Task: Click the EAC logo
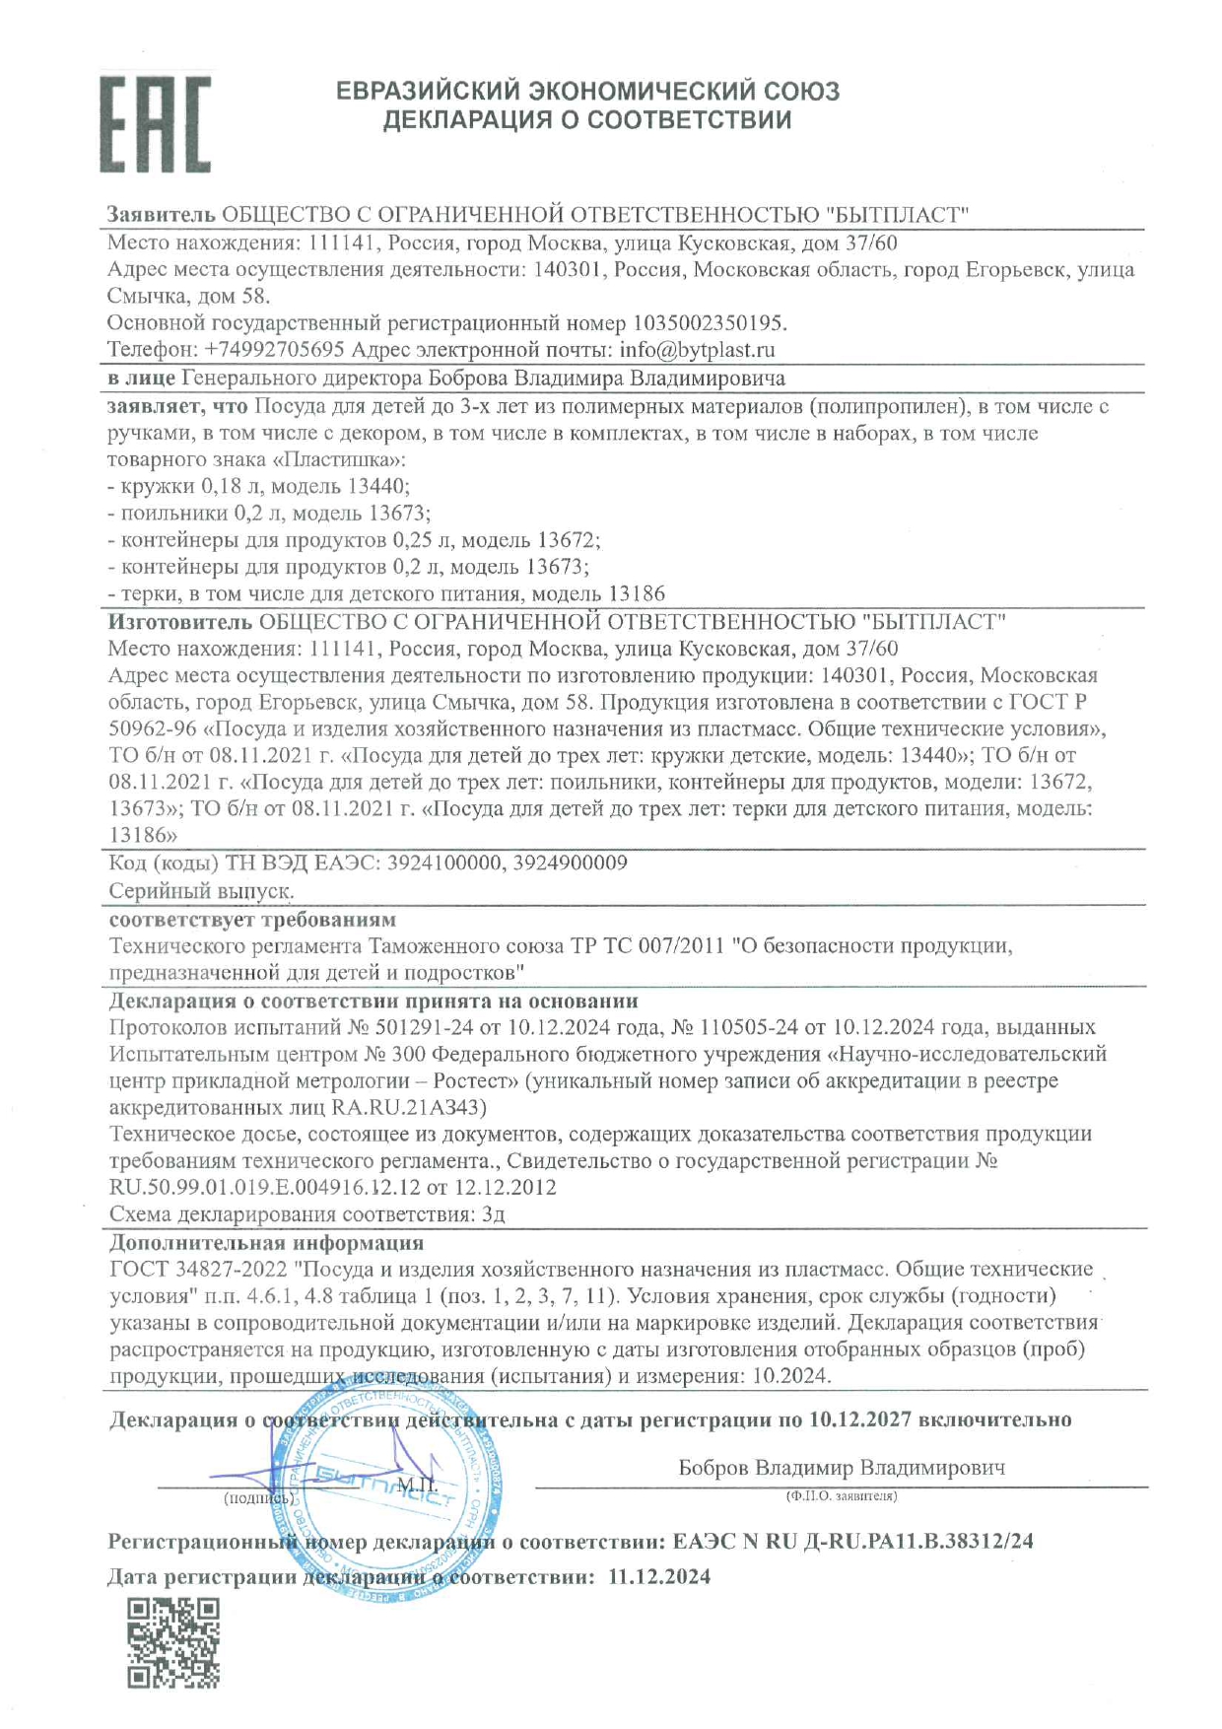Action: point(155,125)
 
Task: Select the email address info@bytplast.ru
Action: point(697,350)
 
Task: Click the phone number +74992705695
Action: point(274,350)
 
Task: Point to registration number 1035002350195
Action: point(709,323)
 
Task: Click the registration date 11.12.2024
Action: point(659,1576)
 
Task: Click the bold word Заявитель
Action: point(161,215)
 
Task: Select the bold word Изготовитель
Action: point(180,622)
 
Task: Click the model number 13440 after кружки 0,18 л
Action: point(376,486)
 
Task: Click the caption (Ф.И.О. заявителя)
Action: point(841,1495)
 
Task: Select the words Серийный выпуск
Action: point(201,890)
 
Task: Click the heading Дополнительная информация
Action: point(266,1242)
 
